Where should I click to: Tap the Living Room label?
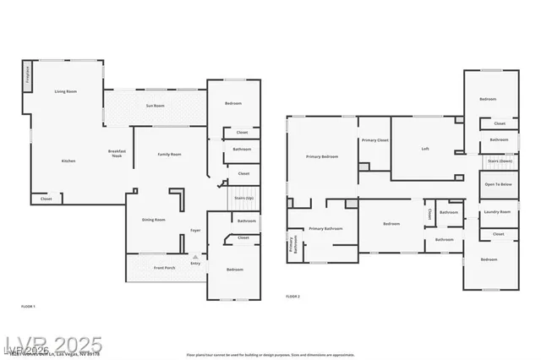(67, 91)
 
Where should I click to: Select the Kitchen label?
(68, 161)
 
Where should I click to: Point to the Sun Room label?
(155, 106)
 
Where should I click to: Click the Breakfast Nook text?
(117, 153)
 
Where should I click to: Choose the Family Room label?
(170, 154)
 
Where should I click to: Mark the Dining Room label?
(154, 220)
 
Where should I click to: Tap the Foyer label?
(195, 230)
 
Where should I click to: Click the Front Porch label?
(165, 268)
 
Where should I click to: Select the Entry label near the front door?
(195, 264)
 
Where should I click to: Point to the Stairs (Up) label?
(243, 198)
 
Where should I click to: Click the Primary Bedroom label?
(322, 156)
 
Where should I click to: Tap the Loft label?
(426, 149)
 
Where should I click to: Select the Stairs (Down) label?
(500, 160)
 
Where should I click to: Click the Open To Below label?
(498, 184)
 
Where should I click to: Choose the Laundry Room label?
(497, 212)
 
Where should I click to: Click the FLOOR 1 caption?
(28, 305)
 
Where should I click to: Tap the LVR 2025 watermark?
(53, 346)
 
